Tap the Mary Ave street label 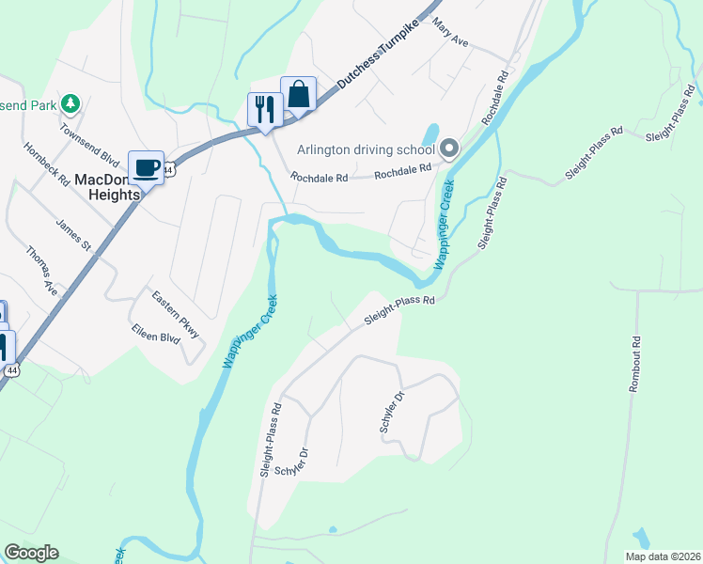point(449,37)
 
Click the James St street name point(72,234)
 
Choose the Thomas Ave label point(42,271)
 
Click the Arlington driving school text point(366,149)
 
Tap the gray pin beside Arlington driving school point(450,148)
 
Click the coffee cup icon point(146,168)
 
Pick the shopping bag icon point(298,94)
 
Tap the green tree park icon point(70,102)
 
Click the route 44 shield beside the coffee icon point(167,168)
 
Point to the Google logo point(31,553)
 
